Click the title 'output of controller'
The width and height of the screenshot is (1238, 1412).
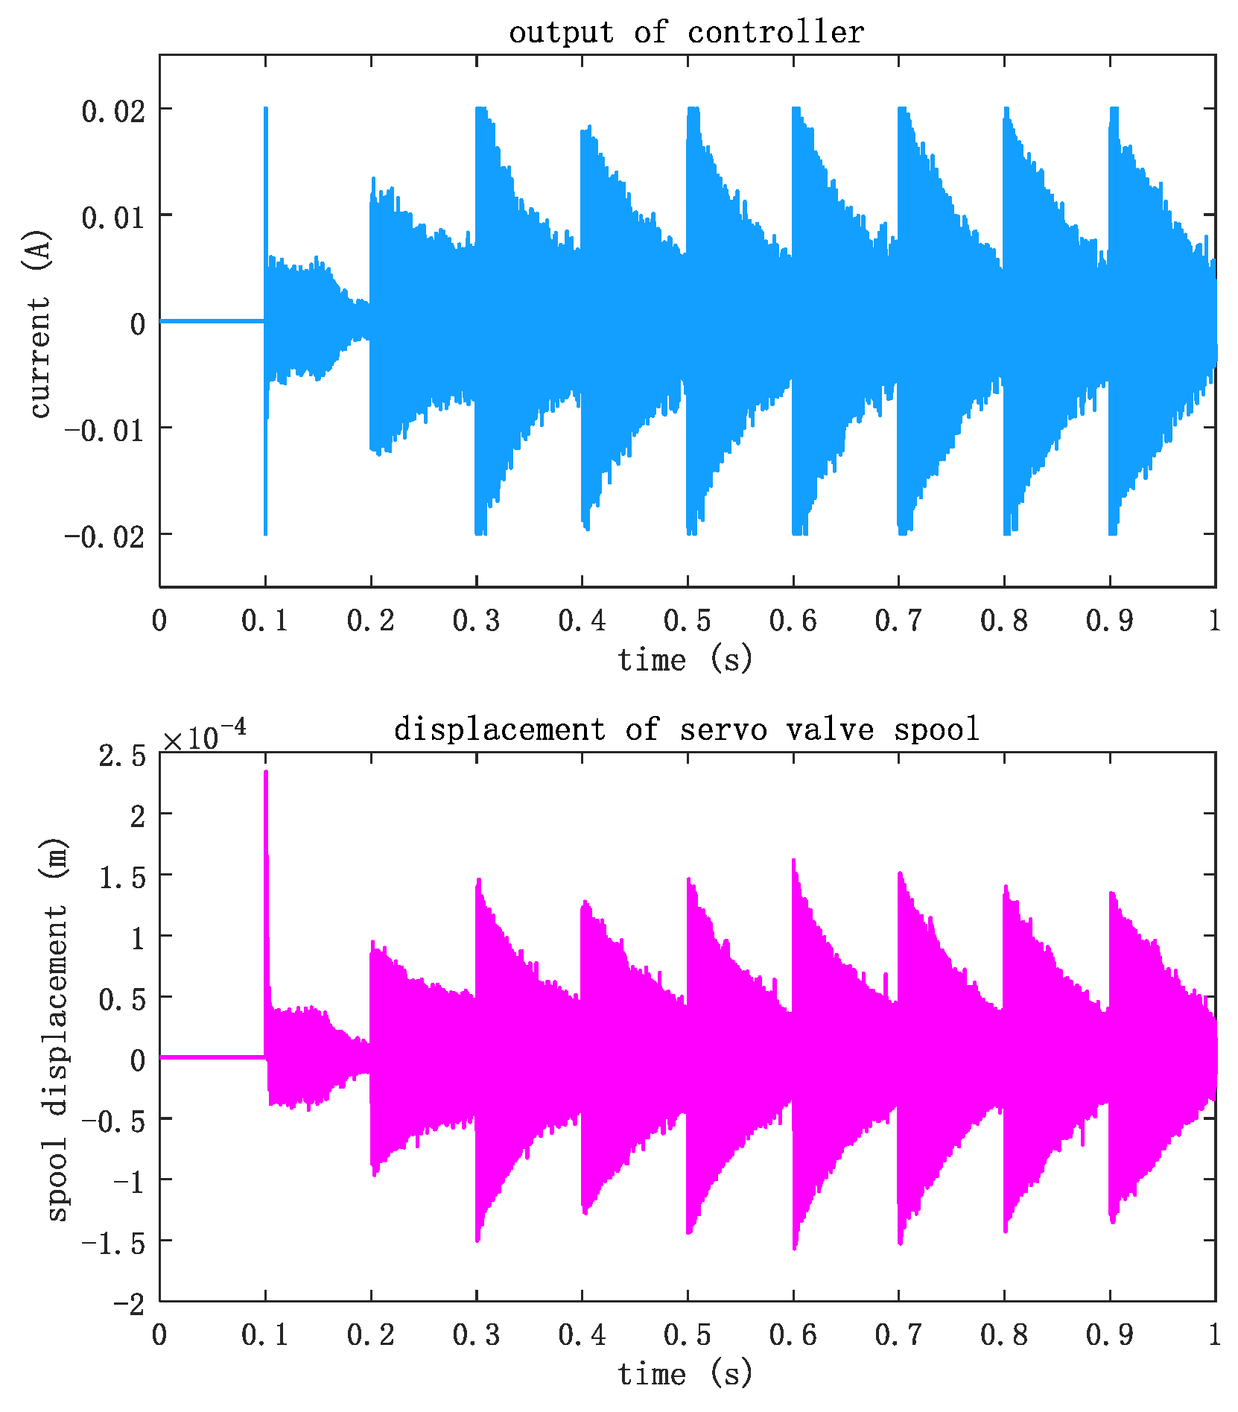coord(686,33)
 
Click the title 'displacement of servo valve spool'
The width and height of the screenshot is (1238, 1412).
coord(686,729)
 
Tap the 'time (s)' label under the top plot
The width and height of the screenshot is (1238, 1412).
coord(686,660)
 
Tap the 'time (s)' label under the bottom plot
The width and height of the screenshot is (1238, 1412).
coord(686,1374)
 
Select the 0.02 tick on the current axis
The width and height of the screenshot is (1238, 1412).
coord(112,112)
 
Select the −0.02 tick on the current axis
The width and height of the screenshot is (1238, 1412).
coord(104,537)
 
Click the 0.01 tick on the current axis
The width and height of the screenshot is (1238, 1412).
coord(112,218)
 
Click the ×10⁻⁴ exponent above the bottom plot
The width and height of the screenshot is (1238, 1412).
coord(204,737)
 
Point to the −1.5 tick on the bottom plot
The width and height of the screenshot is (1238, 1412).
coord(113,1243)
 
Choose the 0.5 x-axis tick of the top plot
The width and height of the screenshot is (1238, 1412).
coord(687,621)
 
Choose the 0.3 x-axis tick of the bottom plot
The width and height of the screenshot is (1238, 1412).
coord(476,1335)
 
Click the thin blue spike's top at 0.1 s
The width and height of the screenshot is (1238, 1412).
coord(265,110)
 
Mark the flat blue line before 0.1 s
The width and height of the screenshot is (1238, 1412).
coord(212,321)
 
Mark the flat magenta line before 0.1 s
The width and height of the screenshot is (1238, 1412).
coord(212,1057)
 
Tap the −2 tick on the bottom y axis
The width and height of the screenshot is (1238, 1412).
coord(129,1304)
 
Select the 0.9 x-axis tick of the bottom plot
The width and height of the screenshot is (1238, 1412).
coord(1110,1335)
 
